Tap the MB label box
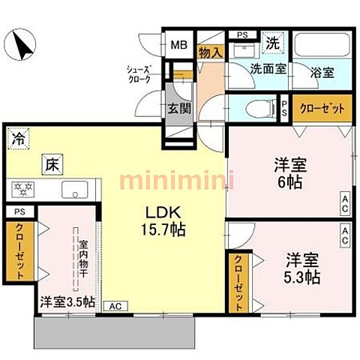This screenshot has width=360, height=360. pos(178,44)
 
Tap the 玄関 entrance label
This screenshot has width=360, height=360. pos(178,107)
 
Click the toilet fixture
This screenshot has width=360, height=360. pos(247,107)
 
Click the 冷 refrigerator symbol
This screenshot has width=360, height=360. pos(18,139)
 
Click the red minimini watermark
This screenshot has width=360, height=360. pos(178,181)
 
